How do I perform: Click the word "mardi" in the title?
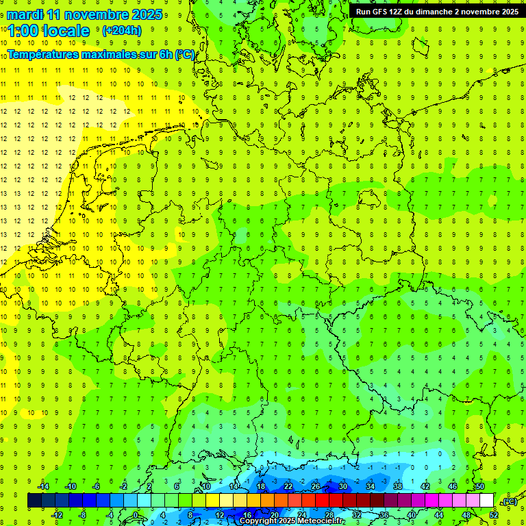(24, 14)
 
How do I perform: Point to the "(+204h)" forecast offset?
(121, 31)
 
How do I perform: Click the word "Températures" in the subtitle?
(42, 54)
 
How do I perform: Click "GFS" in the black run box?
(378, 12)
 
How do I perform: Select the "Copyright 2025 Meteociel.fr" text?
(292, 521)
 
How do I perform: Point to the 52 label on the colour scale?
(494, 514)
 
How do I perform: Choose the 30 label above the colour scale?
(343, 486)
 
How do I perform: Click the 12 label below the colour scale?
(220, 514)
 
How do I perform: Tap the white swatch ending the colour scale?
(486, 501)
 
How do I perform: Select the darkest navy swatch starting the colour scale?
(34, 501)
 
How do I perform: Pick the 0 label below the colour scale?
(136, 514)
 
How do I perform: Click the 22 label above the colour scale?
(288, 486)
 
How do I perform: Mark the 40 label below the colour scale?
(412, 514)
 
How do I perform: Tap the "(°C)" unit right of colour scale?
(509, 501)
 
